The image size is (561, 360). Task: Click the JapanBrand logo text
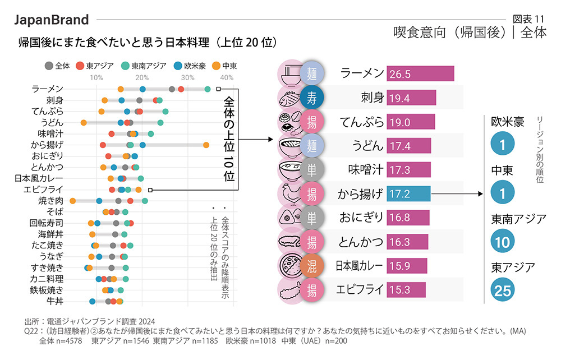[x=51, y=20]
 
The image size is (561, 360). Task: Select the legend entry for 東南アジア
[x=144, y=66]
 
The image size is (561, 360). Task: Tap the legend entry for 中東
[x=224, y=66]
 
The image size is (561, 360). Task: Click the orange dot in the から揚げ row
[x=206, y=145]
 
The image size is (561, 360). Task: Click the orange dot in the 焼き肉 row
[x=72, y=200]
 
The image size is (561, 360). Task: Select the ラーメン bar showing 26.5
[x=420, y=74]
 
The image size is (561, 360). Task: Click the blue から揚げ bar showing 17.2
[x=408, y=194]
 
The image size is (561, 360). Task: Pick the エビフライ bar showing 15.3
[x=406, y=290]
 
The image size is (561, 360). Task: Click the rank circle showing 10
[x=503, y=241]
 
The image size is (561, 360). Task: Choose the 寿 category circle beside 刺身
[x=311, y=98]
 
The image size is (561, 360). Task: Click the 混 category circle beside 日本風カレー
[x=311, y=266]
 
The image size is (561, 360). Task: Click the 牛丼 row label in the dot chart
[x=55, y=301]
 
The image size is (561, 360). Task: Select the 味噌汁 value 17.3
[x=399, y=170]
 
